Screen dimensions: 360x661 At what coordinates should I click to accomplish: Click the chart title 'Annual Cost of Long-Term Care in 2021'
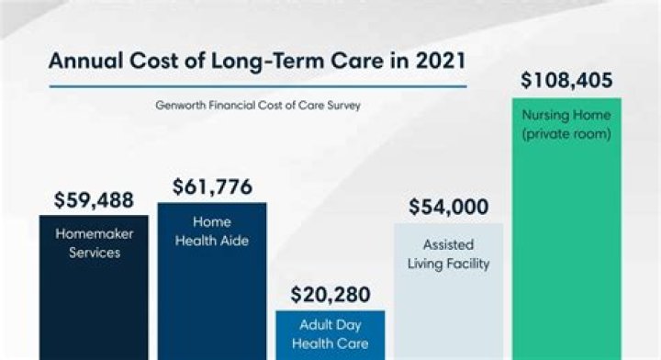click(x=257, y=62)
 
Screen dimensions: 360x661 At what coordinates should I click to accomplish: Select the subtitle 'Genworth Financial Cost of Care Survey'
click(x=258, y=106)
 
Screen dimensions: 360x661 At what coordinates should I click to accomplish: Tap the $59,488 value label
click(x=94, y=199)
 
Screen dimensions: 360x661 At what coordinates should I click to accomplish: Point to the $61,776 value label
click(x=212, y=187)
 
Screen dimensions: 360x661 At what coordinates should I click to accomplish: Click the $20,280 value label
click(x=330, y=295)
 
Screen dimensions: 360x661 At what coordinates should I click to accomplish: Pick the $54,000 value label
click(x=448, y=208)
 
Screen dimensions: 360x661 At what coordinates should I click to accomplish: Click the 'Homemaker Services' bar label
click(x=94, y=242)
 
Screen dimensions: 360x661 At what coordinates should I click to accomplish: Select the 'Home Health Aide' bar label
click(x=212, y=231)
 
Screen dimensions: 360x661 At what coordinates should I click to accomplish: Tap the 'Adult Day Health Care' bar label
click(x=330, y=334)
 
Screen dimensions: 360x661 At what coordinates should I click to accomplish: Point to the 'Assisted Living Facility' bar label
click(x=449, y=254)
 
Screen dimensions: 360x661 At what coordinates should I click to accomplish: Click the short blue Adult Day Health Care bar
click(x=330, y=350)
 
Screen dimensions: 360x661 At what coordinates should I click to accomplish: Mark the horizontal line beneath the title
click(x=258, y=87)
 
